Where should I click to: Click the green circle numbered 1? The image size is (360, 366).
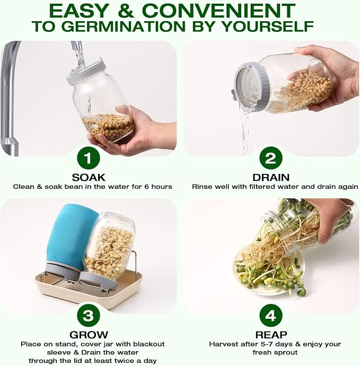click(89, 158)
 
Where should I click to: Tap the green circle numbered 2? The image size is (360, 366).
click(270, 158)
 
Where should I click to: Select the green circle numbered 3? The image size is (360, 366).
click(89, 316)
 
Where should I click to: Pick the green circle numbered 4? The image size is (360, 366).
click(270, 316)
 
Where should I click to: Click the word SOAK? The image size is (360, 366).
click(89, 177)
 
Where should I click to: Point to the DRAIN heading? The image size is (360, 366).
click(271, 177)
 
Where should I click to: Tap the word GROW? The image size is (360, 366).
click(89, 335)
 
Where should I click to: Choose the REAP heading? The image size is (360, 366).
click(271, 335)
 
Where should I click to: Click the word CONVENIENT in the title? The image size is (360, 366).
click(218, 11)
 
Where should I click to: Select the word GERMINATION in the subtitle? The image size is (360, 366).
click(123, 26)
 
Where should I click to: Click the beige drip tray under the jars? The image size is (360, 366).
click(89, 290)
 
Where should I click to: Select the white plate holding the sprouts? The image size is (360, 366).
click(268, 271)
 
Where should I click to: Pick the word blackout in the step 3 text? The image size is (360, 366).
click(149, 344)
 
